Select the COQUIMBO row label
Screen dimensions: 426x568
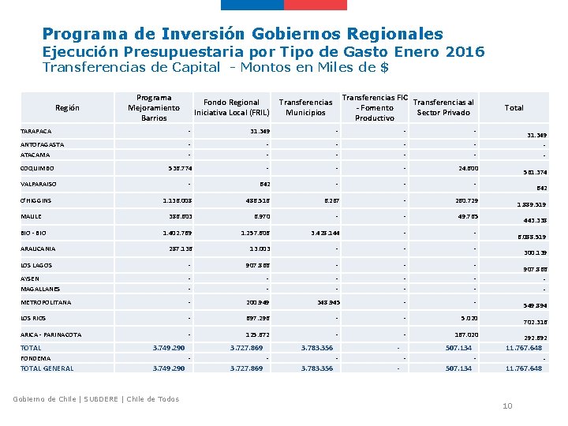37,168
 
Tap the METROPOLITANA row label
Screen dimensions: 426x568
46,302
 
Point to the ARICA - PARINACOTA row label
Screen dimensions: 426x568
50,334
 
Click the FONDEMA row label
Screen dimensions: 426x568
35,358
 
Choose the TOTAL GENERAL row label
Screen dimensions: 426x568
47,368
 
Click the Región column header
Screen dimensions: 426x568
67,107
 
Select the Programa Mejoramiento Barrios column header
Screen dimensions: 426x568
154,107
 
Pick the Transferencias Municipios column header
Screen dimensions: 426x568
306,107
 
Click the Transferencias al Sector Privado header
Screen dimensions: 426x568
443,107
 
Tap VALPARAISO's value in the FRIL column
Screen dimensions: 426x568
265,184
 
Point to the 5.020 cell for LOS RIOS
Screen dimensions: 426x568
468,318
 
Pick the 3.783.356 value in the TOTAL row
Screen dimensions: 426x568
316,348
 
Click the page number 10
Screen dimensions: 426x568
507,405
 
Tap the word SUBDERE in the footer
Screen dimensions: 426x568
99,398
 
